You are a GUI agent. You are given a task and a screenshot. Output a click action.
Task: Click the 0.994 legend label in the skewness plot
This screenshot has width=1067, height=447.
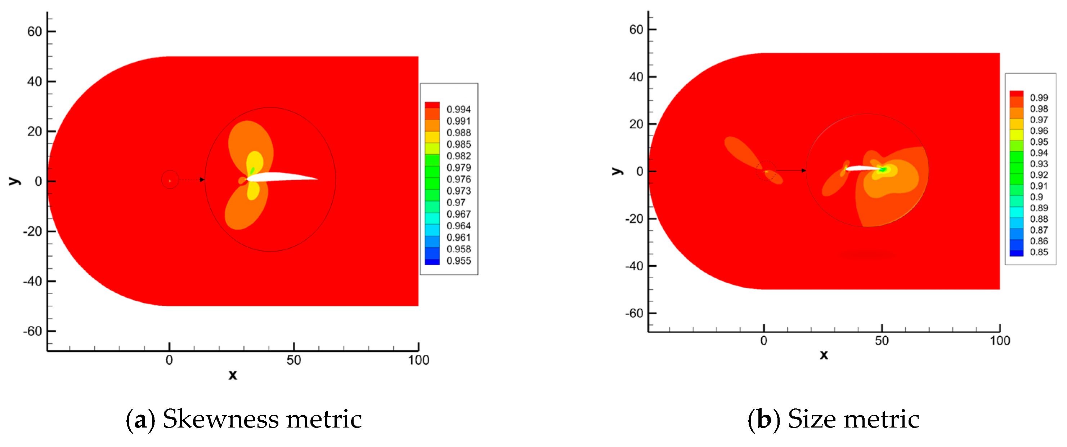tap(458, 109)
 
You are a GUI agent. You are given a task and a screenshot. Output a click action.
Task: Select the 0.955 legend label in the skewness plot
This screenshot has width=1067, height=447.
tap(458, 261)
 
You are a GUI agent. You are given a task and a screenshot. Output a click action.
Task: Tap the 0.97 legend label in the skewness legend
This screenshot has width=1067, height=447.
tap(456, 202)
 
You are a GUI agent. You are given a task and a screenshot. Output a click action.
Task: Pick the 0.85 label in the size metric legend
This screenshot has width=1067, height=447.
tap(1039, 252)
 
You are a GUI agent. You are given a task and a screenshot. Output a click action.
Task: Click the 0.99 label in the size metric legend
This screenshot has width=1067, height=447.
tap(1039, 97)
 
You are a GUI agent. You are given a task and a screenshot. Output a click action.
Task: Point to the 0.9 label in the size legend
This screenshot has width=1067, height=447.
tap(1036, 197)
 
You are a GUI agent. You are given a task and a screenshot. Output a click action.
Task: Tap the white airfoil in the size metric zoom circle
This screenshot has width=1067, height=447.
tap(861, 168)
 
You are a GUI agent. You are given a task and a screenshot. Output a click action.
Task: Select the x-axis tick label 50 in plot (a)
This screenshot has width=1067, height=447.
tap(294, 360)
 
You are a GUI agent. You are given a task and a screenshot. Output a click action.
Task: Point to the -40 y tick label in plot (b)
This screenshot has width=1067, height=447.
tap(634, 266)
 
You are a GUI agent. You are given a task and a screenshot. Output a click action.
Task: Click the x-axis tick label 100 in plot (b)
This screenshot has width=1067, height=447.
tap(1000, 341)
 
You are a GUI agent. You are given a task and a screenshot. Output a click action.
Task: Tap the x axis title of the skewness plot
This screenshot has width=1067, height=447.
tap(233, 375)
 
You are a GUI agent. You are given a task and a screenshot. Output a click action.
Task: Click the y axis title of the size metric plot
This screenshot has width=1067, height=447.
tap(617, 171)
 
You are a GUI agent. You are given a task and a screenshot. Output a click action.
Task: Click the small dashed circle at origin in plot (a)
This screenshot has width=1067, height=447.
tap(170, 180)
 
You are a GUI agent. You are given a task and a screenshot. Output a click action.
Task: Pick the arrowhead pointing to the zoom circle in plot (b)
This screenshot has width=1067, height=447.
tap(803, 171)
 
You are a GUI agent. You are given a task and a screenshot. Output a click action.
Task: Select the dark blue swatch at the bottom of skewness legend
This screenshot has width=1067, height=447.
tap(432, 262)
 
